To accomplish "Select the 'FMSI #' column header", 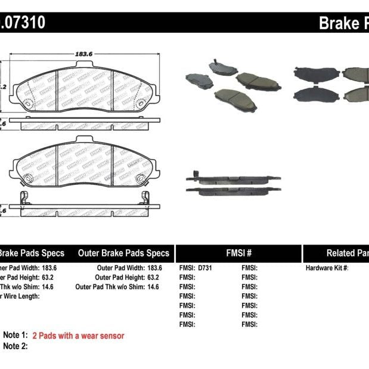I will coord(238,253).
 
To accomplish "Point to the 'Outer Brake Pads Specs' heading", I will coord(123,253).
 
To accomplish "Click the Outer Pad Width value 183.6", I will coord(154,268).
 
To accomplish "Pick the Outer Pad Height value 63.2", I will coord(153,278).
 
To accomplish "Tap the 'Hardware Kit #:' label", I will coord(327,268).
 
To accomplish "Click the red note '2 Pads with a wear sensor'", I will coord(78,336).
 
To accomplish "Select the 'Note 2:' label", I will coord(15,346).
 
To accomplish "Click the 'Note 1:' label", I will coord(15,336).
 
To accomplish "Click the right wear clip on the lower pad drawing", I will coord(145,198).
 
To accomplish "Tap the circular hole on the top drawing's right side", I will coord(141,104).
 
